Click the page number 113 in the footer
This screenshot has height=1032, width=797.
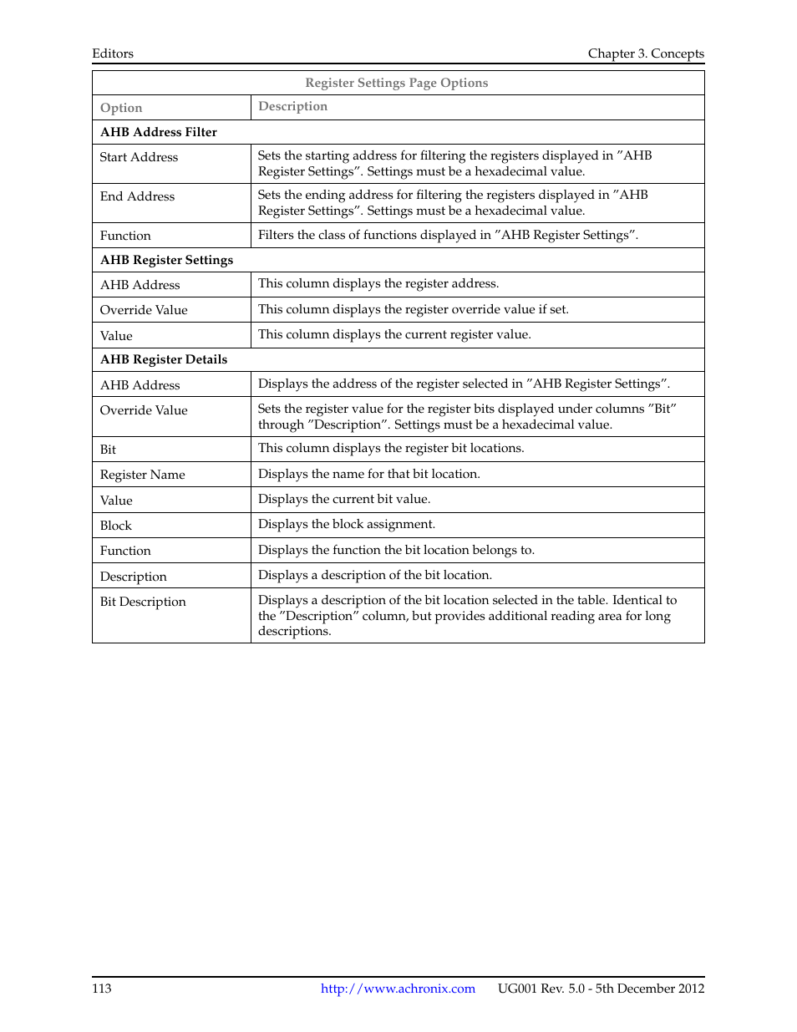[102, 989]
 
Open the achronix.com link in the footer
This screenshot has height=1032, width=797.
[398, 989]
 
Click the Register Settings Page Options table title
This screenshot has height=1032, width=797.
[396, 83]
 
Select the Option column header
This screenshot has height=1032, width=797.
[121, 108]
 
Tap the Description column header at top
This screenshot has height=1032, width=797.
[292, 106]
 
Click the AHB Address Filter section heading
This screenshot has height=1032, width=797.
[159, 132]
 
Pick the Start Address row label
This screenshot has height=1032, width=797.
[139, 157]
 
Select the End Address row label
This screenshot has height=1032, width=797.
[137, 196]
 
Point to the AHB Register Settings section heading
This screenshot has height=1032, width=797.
[166, 260]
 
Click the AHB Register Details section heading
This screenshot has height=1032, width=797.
[164, 359]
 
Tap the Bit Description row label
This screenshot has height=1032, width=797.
[143, 602]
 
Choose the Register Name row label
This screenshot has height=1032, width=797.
[143, 475]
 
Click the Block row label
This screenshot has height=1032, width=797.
[116, 526]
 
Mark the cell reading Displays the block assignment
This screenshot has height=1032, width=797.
[347, 524]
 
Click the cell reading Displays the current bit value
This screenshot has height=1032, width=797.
[344, 499]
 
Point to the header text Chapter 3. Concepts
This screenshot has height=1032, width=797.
[646, 53]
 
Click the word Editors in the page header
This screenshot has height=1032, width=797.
[113, 53]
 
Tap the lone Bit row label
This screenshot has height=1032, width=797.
[109, 450]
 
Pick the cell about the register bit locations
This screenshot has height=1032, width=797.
[391, 448]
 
